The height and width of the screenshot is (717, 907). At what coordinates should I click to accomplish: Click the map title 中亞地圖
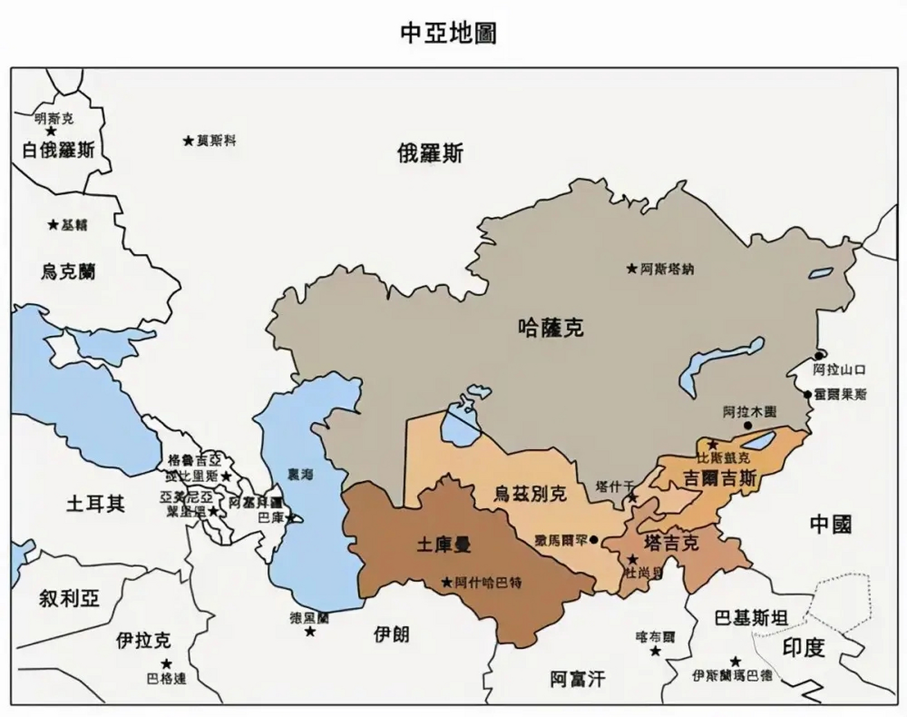coord(448,33)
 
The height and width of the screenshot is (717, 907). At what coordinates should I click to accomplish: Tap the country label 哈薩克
coord(551,328)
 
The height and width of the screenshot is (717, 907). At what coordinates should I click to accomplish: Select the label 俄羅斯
coord(430,153)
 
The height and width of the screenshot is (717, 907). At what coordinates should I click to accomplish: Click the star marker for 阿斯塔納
coord(632,269)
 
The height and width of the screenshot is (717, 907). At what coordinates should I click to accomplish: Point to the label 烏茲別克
coord(530,493)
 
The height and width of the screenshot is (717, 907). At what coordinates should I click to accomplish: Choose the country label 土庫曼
coord(443,544)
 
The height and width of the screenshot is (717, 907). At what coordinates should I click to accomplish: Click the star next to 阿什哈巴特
coord(446,583)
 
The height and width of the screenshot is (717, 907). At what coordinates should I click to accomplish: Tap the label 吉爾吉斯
coord(720,478)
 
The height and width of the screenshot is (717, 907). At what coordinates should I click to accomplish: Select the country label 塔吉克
coord(671,542)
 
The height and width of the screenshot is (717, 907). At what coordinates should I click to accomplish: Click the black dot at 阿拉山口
coord(819,356)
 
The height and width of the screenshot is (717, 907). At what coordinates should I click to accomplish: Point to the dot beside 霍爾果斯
coord(808,394)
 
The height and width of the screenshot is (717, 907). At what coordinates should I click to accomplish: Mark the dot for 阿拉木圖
coord(748,425)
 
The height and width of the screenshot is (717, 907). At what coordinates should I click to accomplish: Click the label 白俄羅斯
coord(58,150)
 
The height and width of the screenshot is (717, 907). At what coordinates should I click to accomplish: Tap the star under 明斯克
coord(51,131)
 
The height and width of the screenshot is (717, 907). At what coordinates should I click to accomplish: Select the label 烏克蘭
coord(68,272)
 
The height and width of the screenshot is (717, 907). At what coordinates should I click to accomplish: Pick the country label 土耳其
coord(95,503)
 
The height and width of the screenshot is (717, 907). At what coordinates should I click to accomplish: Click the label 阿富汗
coord(577,679)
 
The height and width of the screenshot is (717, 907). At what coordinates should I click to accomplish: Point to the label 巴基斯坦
coord(751,618)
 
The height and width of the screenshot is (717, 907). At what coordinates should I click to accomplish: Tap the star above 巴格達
coord(166,664)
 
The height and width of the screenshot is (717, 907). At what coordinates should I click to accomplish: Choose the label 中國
coord(831,524)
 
